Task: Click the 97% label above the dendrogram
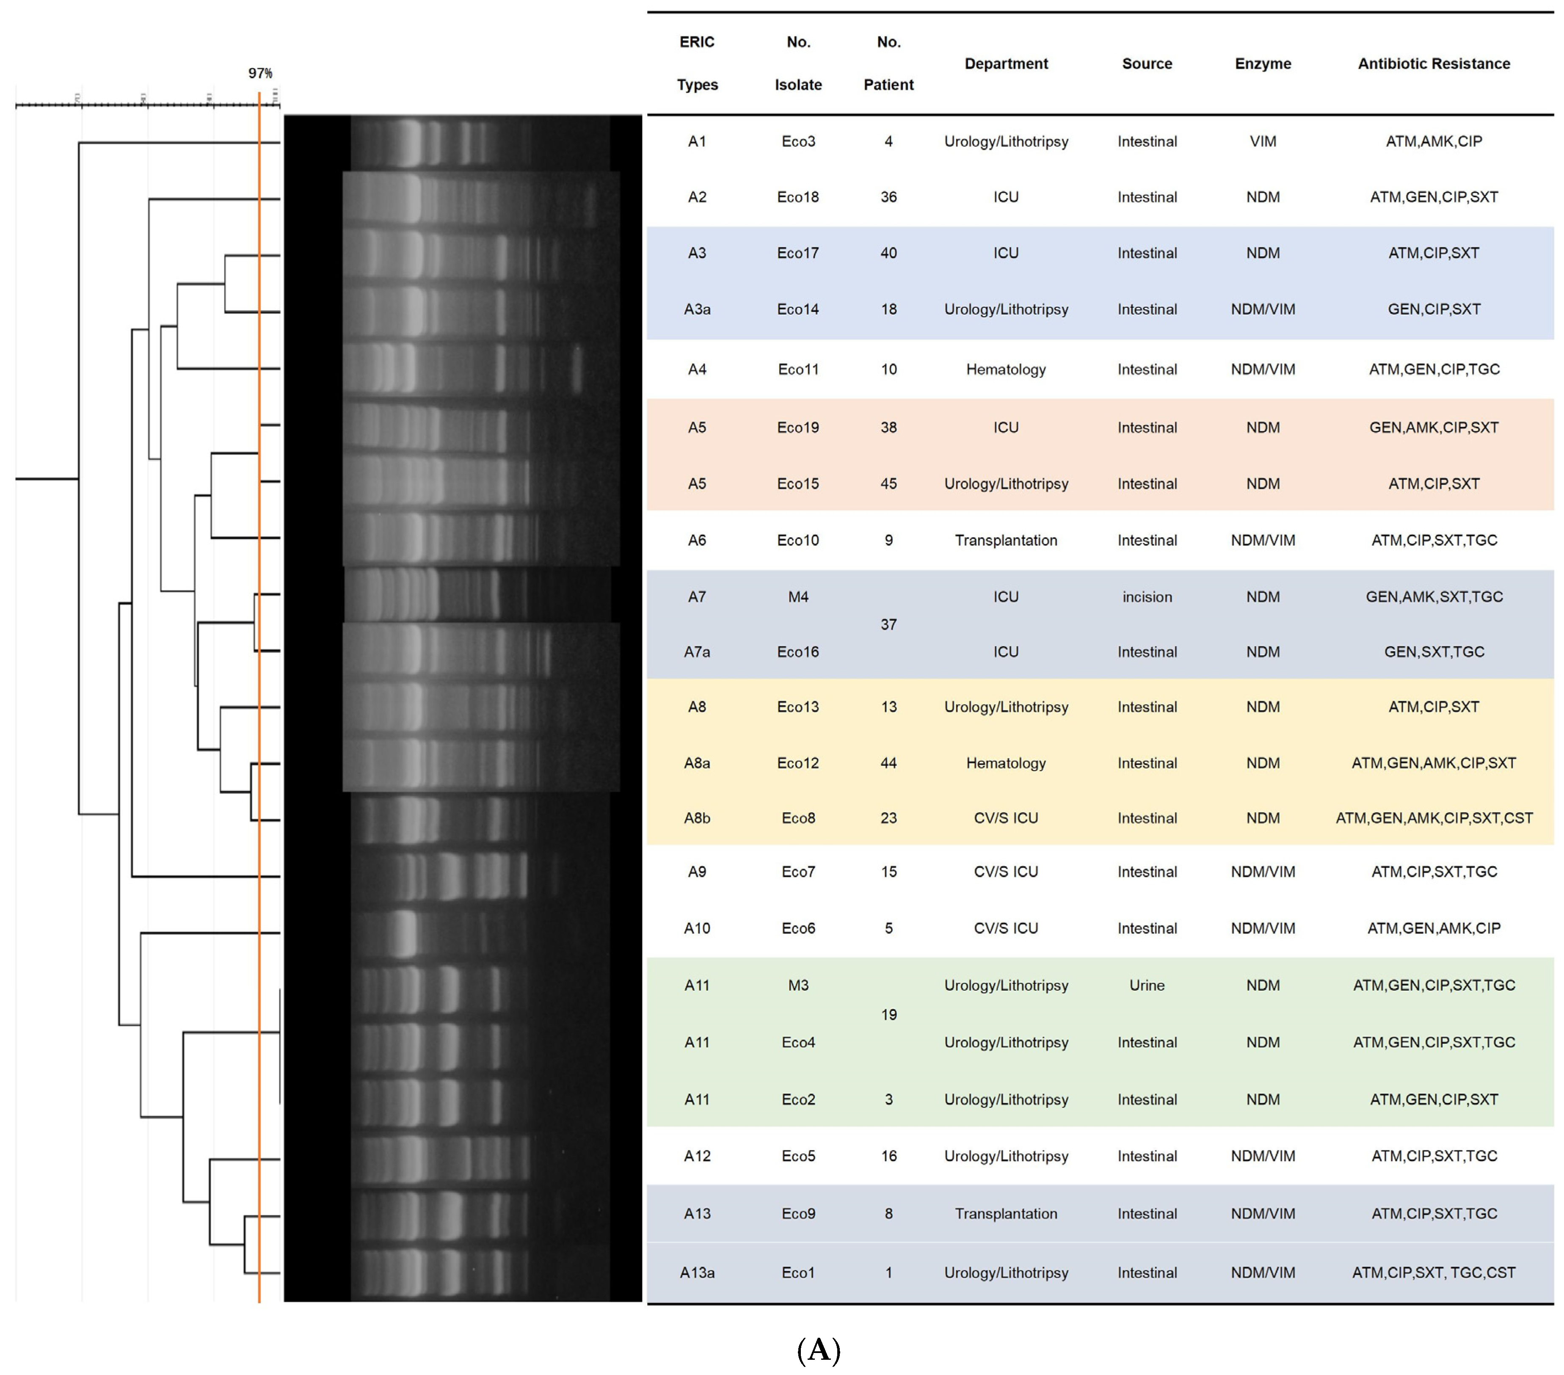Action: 260,74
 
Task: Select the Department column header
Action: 1005,64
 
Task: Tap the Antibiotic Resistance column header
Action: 1433,64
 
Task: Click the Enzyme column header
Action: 1263,64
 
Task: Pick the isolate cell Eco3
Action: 798,141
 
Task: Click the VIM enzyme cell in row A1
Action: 1263,141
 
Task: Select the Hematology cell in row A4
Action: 1005,370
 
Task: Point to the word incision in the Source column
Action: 1146,597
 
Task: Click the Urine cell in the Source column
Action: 1146,986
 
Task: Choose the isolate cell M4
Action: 798,597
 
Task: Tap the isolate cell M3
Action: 798,986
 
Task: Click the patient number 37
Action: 888,624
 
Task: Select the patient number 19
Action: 888,1015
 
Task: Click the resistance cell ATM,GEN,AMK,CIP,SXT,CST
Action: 1433,818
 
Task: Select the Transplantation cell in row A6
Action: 1005,540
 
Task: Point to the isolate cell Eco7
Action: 798,872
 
